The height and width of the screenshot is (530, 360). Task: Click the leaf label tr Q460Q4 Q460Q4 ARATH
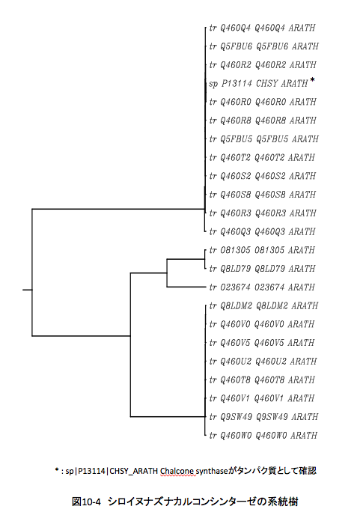coord(262,28)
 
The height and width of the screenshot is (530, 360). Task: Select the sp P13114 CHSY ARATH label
coord(259,84)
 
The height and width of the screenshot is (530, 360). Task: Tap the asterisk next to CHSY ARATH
coord(312,80)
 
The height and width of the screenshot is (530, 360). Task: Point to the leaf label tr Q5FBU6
coord(264,46)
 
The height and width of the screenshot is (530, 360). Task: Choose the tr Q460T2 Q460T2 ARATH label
coord(262,157)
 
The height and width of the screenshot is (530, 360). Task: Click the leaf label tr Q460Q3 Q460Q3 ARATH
coord(262,231)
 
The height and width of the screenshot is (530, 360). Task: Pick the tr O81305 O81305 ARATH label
coord(262,250)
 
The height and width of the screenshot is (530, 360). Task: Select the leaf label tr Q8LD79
coord(262,269)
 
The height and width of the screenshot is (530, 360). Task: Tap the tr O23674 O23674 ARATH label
coord(262,287)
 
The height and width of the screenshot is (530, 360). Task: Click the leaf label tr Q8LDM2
coord(263,306)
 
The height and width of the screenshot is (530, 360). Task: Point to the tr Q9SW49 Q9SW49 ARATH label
coord(263,417)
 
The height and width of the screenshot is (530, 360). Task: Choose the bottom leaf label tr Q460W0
coord(263,436)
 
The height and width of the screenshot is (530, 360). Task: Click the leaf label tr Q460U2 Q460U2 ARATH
coord(263,362)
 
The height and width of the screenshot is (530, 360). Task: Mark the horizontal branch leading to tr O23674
coord(186,287)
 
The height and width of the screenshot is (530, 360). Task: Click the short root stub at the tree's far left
coord(28,290)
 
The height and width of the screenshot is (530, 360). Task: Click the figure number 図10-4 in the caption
coord(86,502)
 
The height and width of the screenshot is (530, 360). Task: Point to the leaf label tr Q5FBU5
coord(264,139)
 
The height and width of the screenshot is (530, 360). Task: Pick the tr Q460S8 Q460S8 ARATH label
coord(263,195)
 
